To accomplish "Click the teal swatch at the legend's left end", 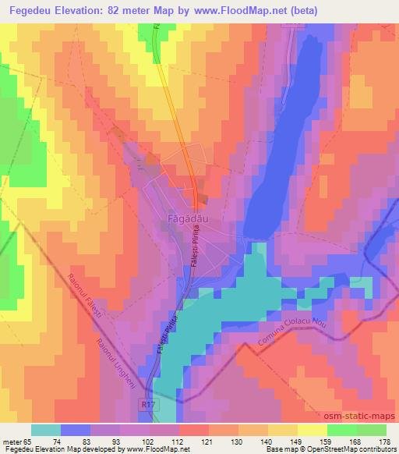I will coord(46,429).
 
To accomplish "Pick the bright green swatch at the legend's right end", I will coord(372,429).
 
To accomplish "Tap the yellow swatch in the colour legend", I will coord(312,429).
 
